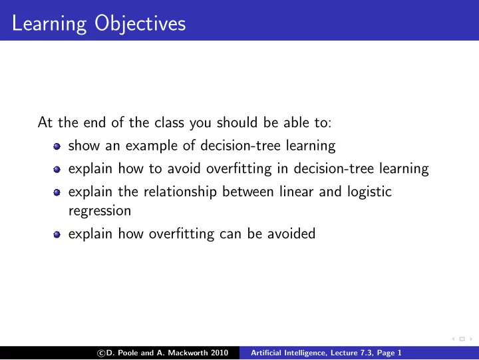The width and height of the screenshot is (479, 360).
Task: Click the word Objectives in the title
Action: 140,24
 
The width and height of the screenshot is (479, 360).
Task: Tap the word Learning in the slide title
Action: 49,24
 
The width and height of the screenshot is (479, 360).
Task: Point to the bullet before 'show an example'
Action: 57,146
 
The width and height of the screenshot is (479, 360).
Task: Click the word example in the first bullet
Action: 152,146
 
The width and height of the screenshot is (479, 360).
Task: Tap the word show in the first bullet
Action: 84,146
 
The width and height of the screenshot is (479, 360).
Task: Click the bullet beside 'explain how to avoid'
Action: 57,169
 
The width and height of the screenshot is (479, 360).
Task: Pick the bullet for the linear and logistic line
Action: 57,192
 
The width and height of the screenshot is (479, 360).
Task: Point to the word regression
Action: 100,211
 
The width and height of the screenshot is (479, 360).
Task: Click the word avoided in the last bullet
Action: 291,234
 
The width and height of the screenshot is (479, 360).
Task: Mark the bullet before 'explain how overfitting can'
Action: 57,235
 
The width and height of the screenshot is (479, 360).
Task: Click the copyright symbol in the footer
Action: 101,353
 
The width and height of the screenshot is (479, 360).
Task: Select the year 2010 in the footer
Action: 220,353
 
